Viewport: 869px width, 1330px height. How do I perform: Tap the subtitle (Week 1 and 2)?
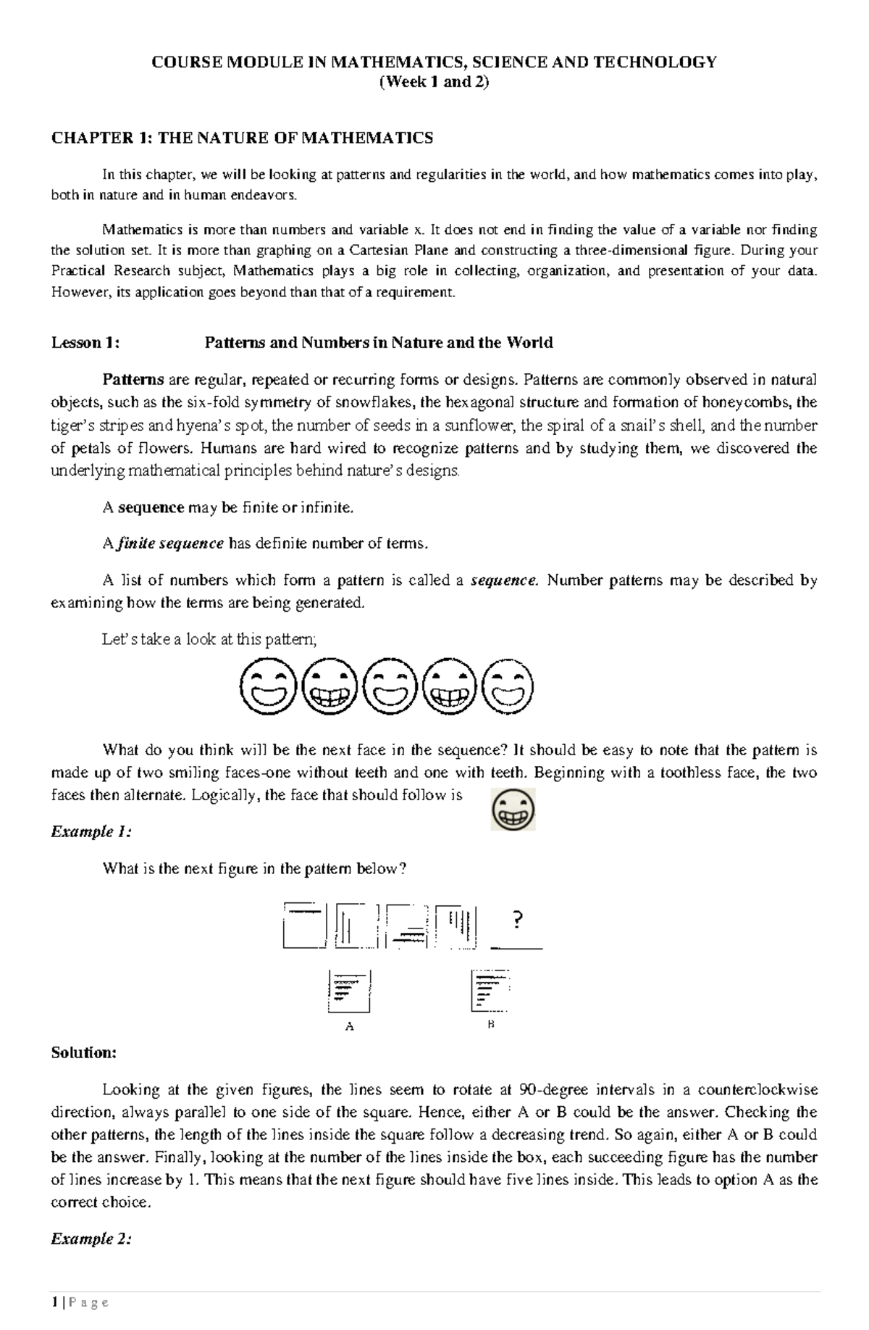pos(434,82)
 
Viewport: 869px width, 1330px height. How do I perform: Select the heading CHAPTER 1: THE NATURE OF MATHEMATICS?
pos(242,138)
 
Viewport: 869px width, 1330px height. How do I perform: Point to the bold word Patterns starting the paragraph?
pos(133,380)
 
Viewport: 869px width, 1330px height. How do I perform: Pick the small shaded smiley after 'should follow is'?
pos(513,809)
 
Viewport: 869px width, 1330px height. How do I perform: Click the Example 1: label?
pos(91,831)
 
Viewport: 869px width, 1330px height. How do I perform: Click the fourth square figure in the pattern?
pos(456,926)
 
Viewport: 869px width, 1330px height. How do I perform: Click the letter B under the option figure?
pos(490,1024)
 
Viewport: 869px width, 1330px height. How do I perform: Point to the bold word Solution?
pos(83,1052)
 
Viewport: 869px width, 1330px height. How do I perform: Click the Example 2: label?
pos(91,1239)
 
